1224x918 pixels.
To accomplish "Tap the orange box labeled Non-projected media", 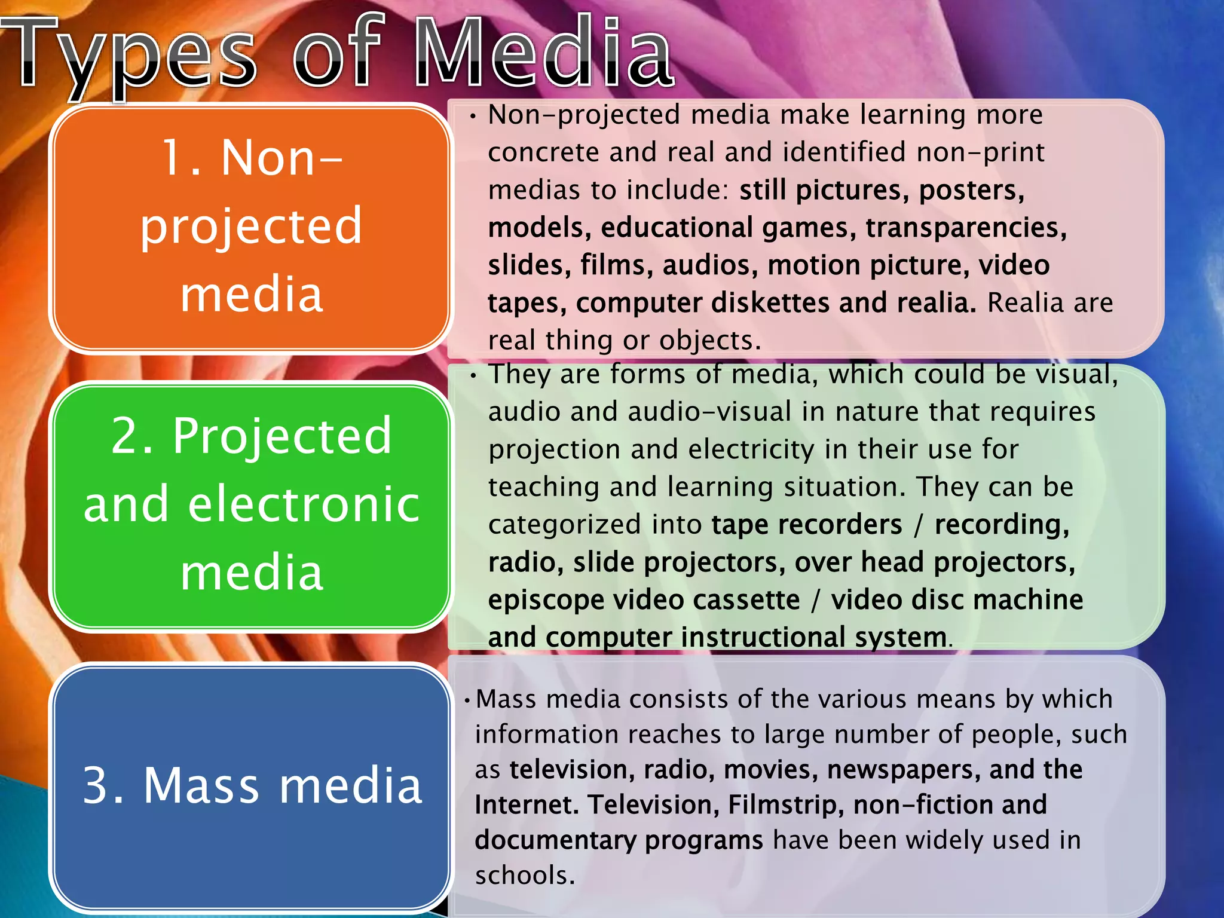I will click(x=251, y=227).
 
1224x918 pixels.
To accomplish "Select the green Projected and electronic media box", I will click(x=251, y=505).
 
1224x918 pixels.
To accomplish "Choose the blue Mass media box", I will click(x=251, y=786).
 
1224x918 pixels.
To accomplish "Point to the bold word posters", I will click(x=971, y=191).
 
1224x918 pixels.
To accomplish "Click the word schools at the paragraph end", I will click(x=524, y=876).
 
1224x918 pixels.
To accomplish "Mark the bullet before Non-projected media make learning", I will click(x=473, y=117).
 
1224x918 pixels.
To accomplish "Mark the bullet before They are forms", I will click(x=473, y=376).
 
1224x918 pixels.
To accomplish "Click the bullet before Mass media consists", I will click(x=467, y=700).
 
